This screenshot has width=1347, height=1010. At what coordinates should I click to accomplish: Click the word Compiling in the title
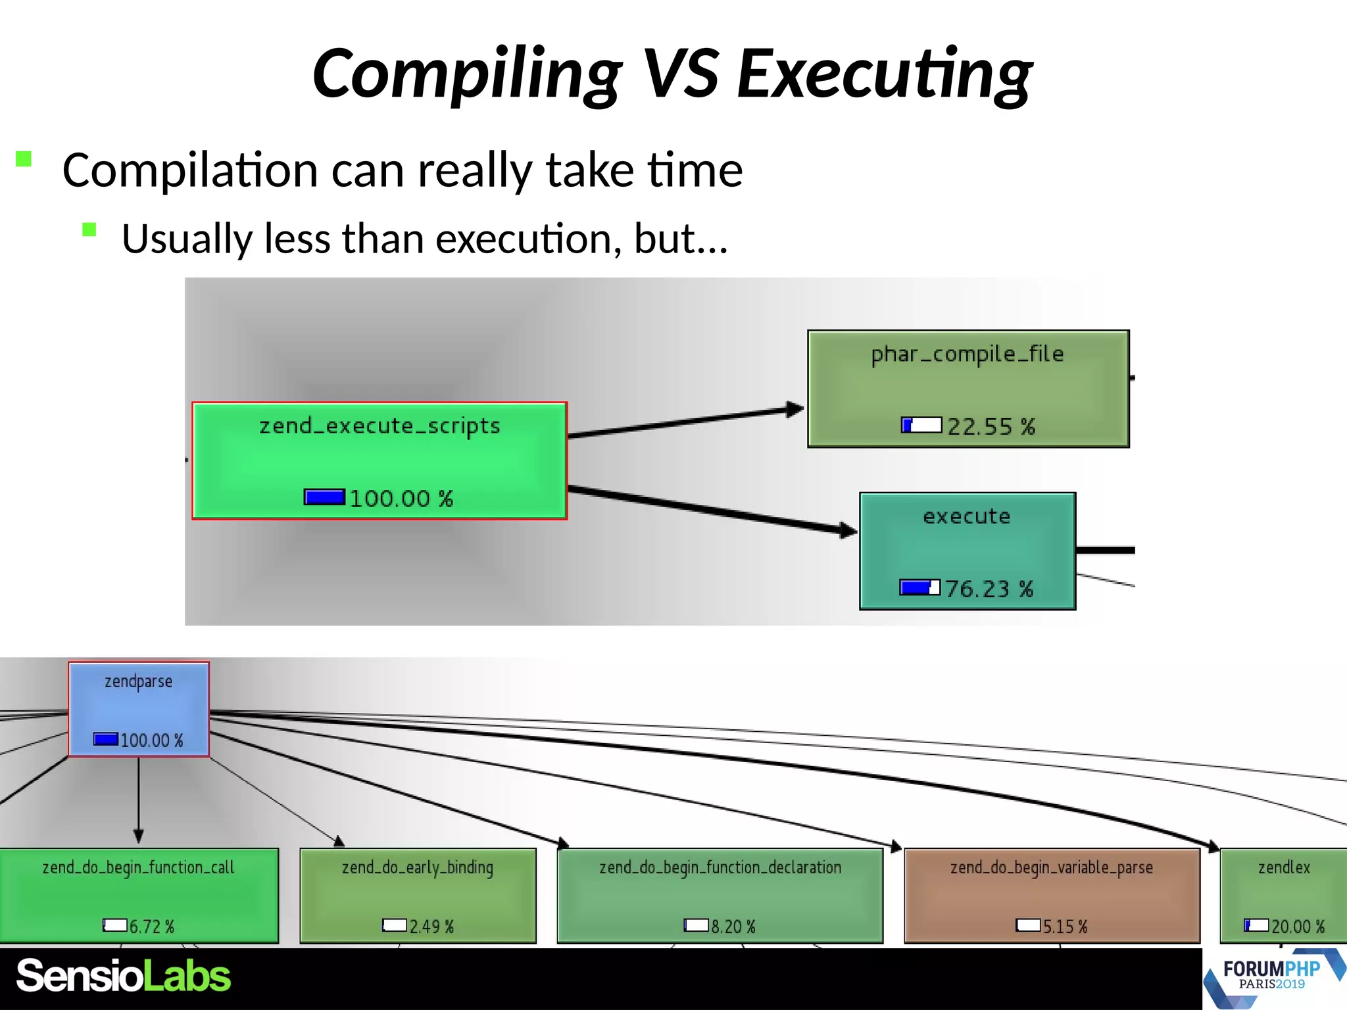[x=467, y=74]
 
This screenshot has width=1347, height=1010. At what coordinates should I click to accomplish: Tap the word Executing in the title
[x=885, y=74]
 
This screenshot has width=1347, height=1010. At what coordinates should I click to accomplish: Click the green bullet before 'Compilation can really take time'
[x=24, y=159]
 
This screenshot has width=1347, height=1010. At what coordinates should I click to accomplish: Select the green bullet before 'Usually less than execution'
[x=89, y=229]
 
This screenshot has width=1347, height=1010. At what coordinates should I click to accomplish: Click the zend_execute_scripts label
[x=380, y=426]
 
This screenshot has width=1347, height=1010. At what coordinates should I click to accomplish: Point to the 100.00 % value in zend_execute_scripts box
[x=401, y=498]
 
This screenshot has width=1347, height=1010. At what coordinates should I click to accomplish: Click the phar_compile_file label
[x=967, y=354]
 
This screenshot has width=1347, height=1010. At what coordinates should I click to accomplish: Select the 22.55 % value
[x=991, y=427]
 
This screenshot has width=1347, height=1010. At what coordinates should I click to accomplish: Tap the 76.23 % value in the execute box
[x=989, y=589]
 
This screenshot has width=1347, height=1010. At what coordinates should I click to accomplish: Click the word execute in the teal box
[x=967, y=516]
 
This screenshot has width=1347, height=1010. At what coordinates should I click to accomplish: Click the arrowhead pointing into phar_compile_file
[x=796, y=410]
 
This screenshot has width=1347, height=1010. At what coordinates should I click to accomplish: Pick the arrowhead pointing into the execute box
[x=849, y=530]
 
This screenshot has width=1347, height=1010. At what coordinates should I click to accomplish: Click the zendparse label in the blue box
[x=139, y=681]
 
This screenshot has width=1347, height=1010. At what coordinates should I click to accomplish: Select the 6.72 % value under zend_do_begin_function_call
[x=151, y=926]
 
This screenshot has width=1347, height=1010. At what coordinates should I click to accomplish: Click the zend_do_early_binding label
[x=418, y=867]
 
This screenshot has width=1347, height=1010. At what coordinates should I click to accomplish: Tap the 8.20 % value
[x=733, y=926]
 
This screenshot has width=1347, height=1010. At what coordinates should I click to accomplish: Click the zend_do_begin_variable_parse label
[x=1052, y=867]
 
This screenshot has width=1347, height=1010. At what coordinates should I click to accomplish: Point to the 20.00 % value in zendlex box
[x=1297, y=926]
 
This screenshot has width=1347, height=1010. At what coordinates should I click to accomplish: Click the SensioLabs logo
[x=124, y=976]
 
